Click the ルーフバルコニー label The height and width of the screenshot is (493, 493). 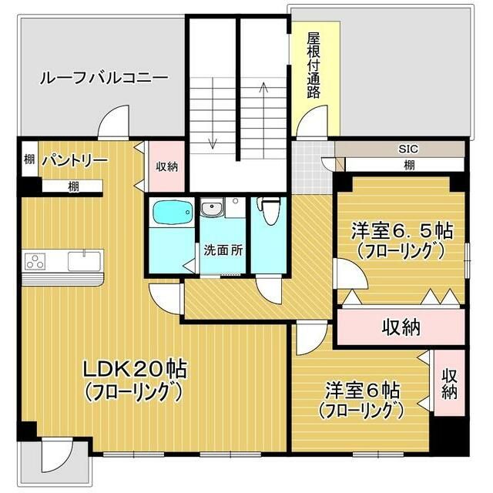(103, 78)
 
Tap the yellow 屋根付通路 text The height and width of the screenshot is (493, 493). (314, 65)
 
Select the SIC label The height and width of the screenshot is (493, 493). (407, 148)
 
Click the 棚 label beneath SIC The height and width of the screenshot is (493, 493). (409, 164)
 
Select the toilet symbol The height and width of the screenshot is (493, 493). (269, 210)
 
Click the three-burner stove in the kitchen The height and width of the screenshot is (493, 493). (35, 261)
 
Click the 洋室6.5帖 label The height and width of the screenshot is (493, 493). (401, 230)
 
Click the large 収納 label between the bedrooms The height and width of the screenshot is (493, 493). (401, 327)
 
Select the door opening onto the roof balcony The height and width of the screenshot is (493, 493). (113, 122)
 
